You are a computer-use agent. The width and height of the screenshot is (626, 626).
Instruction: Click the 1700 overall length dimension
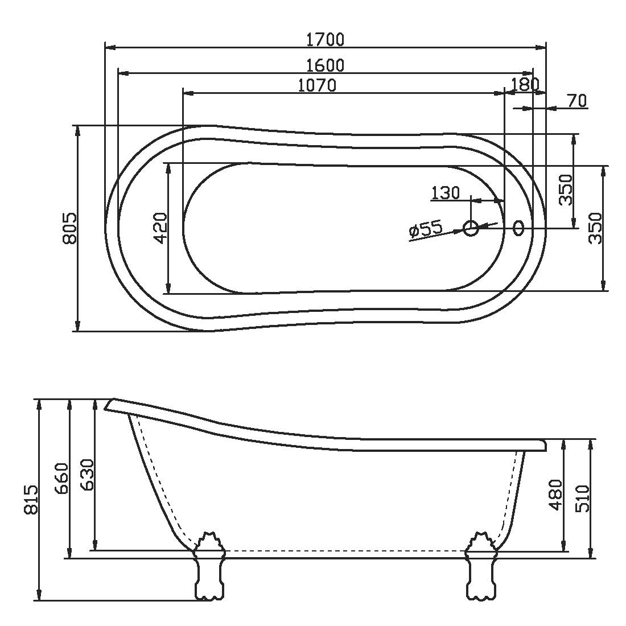tap(325, 39)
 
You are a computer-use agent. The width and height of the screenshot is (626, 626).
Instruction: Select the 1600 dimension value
tap(325, 65)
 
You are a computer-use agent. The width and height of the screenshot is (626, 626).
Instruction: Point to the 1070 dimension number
tap(318, 85)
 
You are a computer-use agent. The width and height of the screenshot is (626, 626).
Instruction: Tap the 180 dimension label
tap(525, 84)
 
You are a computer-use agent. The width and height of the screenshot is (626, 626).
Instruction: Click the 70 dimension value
tap(577, 101)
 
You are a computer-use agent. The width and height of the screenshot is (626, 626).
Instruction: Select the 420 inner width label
tap(160, 228)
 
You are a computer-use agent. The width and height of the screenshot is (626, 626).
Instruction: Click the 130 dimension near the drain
tap(446, 193)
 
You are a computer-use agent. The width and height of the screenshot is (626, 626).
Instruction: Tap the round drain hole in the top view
tap(471, 228)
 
